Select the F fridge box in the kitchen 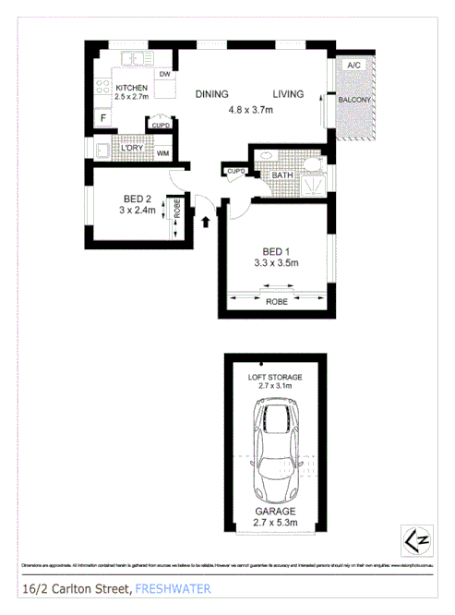[x=103, y=118]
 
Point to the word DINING [x=211, y=94]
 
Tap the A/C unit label [x=353, y=66]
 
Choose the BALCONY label [x=354, y=100]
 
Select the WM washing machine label [x=162, y=153]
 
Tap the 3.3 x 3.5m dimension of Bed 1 [x=274, y=263]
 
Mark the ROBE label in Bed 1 [x=276, y=302]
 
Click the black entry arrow [x=206, y=221]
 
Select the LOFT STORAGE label [x=275, y=378]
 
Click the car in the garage [x=276, y=452]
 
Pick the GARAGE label [x=276, y=510]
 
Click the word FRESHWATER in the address [x=173, y=588]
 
